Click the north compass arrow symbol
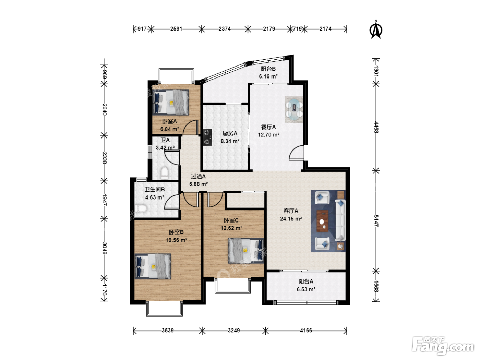[x=376, y=29]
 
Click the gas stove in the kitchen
[x=207, y=137]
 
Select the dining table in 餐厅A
[x=294, y=109]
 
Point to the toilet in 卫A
[x=164, y=173]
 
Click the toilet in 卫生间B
[x=140, y=208]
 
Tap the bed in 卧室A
[x=170, y=102]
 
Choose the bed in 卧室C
[x=246, y=250]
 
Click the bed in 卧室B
[x=153, y=266]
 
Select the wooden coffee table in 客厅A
[x=323, y=221]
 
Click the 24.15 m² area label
[x=291, y=219]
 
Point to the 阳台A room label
[x=306, y=281]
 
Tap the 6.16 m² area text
[x=268, y=76]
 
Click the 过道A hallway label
[x=198, y=176]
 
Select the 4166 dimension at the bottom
[x=306, y=330]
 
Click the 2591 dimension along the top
[x=176, y=29]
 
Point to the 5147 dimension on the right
[x=376, y=221]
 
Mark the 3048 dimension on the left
[x=104, y=248]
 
